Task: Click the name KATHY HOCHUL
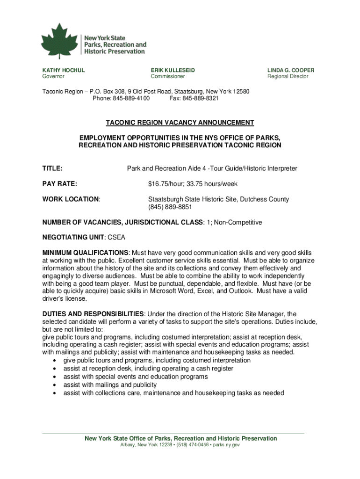64,70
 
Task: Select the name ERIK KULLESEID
173,70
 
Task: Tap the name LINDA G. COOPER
291,70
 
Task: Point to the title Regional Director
288,76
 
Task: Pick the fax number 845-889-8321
200,99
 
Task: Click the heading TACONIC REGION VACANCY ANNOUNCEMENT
180,123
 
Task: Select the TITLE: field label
53,168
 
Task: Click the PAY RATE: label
60,184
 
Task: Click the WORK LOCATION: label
72,199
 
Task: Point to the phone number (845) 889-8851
170,207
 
